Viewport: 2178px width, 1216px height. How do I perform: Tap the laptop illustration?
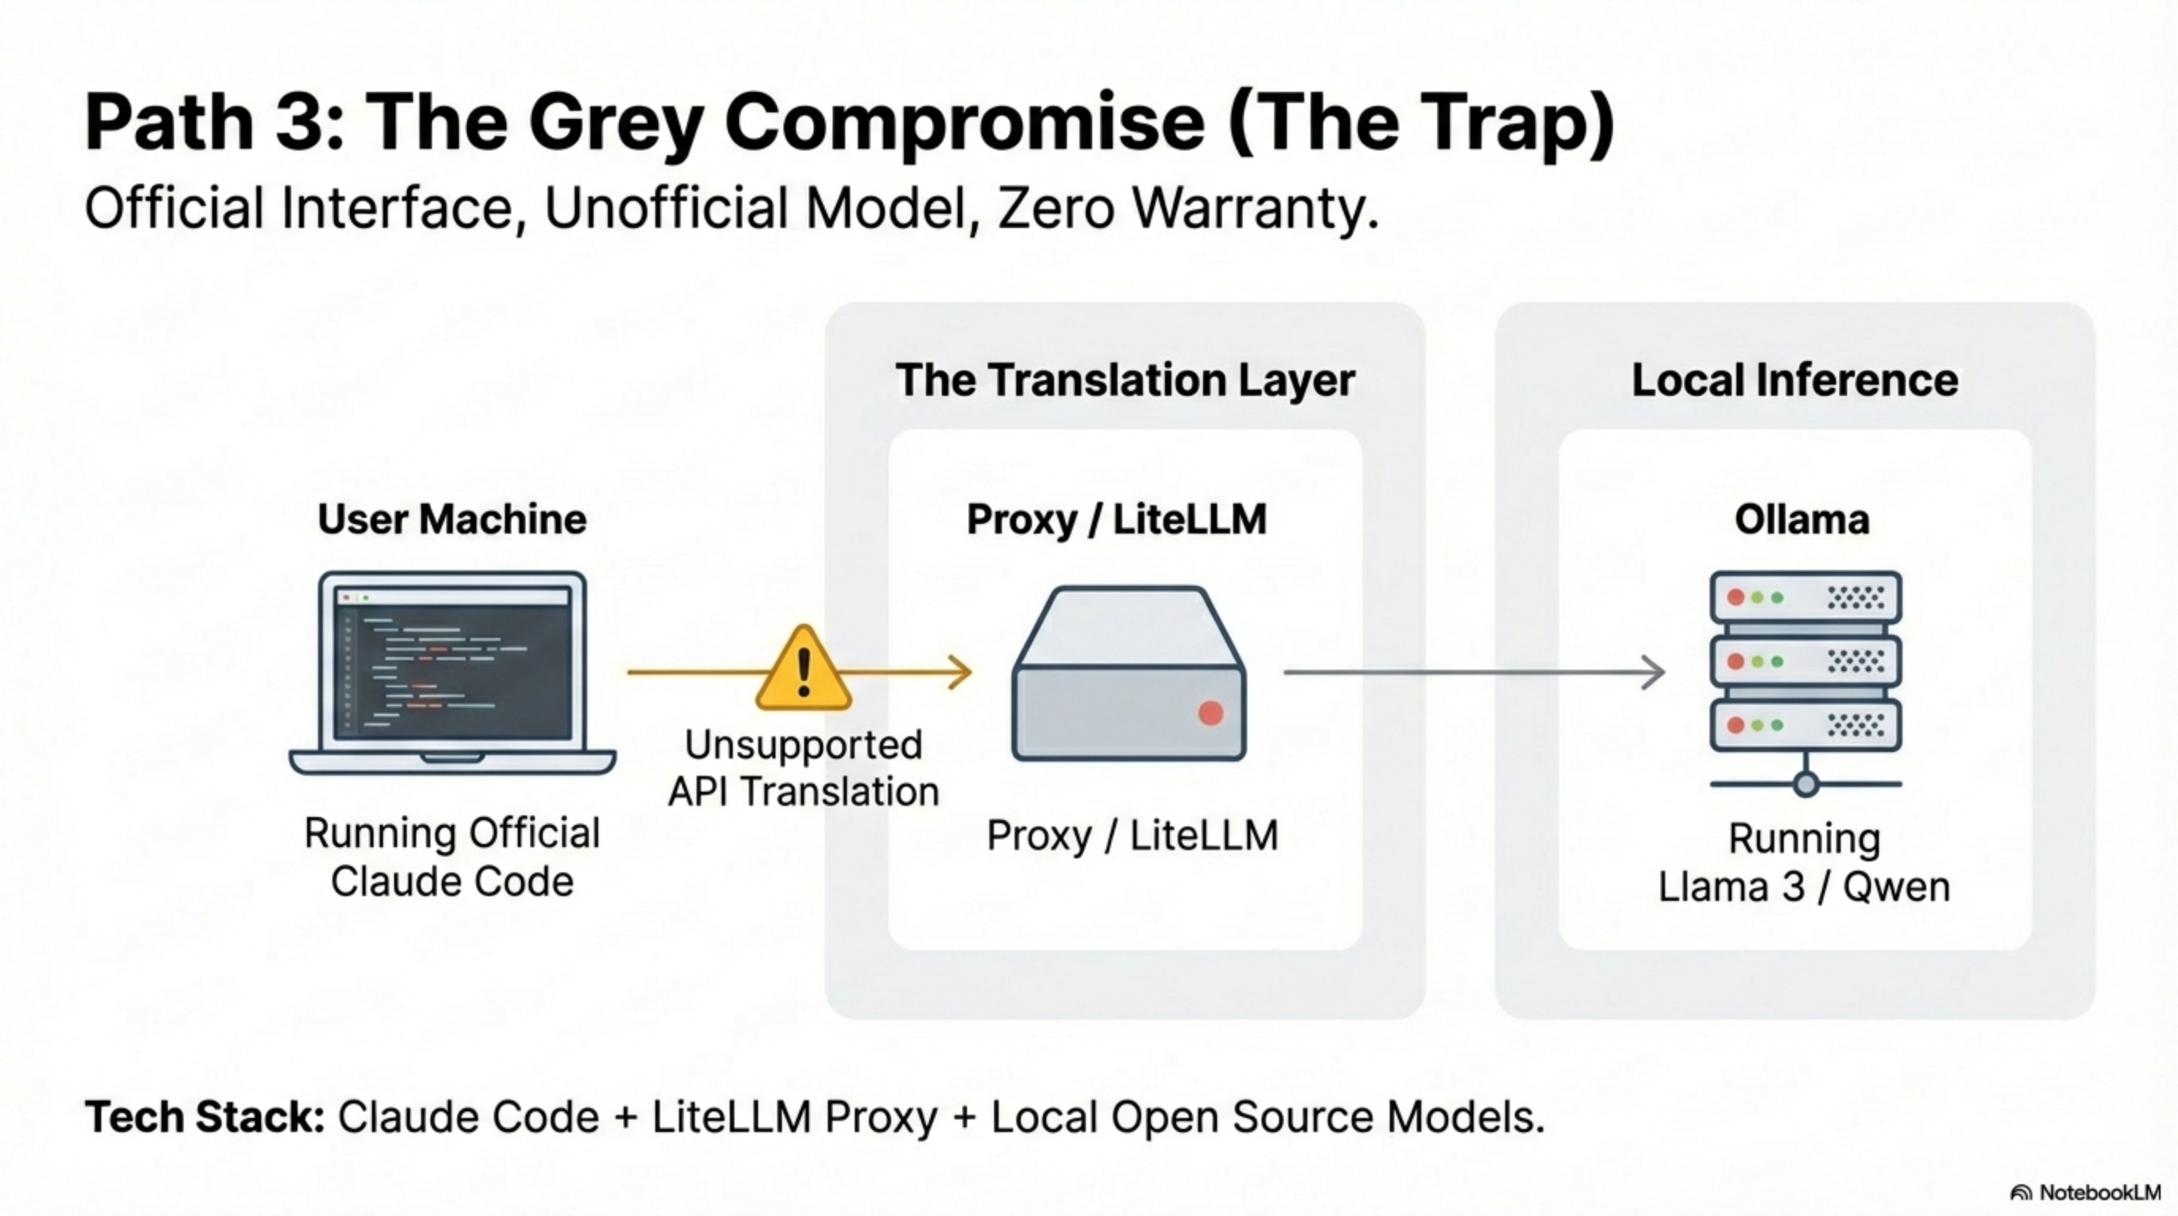tap(453, 672)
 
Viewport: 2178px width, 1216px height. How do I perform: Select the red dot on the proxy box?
tap(1211, 712)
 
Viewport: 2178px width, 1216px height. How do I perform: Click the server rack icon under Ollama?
tap(1805, 677)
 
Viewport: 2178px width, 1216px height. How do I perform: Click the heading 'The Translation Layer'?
tap(1125, 380)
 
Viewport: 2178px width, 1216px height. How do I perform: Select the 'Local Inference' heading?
tap(1794, 380)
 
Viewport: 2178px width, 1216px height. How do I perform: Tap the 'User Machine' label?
tap(453, 519)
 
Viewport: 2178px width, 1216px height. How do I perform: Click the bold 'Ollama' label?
tap(1802, 519)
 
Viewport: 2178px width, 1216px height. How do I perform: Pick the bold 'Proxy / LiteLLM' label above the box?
tap(1117, 519)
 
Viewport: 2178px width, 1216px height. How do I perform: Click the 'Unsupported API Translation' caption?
tap(803, 768)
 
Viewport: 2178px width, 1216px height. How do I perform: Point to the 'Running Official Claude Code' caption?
tap(453, 857)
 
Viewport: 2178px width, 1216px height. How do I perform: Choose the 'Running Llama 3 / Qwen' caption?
tap(1804, 863)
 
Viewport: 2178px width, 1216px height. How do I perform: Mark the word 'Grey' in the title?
tap(616, 123)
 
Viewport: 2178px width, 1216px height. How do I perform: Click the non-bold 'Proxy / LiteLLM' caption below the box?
tap(1132, 835)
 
